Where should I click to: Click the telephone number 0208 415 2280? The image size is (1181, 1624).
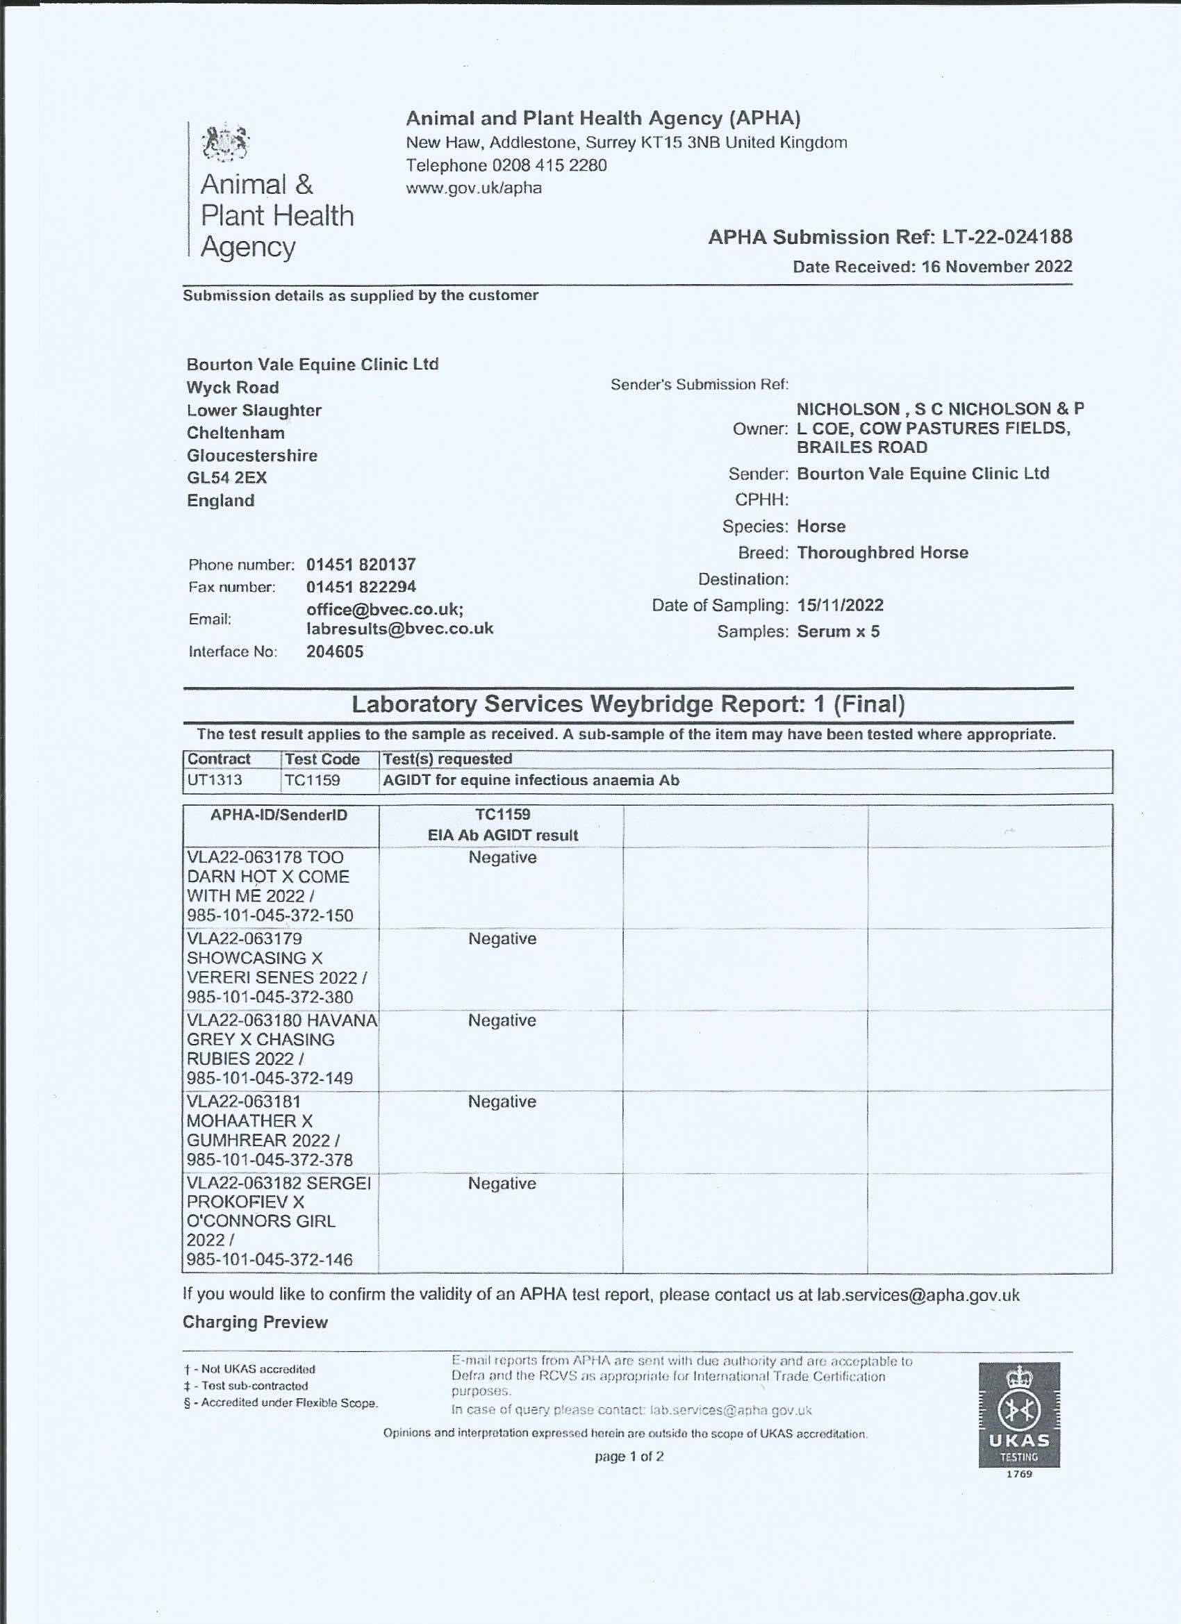(549, 165)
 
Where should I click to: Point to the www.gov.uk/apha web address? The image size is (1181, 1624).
(473, 188)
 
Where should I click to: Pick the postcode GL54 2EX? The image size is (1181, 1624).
(226, 478)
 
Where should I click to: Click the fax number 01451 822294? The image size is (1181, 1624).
(361, 587)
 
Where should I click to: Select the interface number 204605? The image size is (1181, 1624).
(334, 652)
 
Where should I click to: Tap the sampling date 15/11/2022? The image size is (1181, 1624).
(840, 605)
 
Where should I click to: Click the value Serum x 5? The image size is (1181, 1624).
(838, 631)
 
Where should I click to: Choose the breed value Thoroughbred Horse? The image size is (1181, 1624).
(882, 553)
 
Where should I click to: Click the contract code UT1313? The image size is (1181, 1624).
(215, 781)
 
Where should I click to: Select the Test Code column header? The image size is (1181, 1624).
(322, 759)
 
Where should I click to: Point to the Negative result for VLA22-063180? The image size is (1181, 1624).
(502, 1020)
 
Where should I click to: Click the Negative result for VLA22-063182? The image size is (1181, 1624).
(502, 1184)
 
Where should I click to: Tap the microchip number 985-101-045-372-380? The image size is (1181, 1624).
(270, 997)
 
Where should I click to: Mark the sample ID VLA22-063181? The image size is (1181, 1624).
(244, 1102)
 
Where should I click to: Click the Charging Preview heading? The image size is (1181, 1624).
(255, 1322)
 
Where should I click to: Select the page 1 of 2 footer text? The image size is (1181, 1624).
(629, 1456)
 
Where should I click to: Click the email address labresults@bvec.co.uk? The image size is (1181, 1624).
(399, 629)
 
